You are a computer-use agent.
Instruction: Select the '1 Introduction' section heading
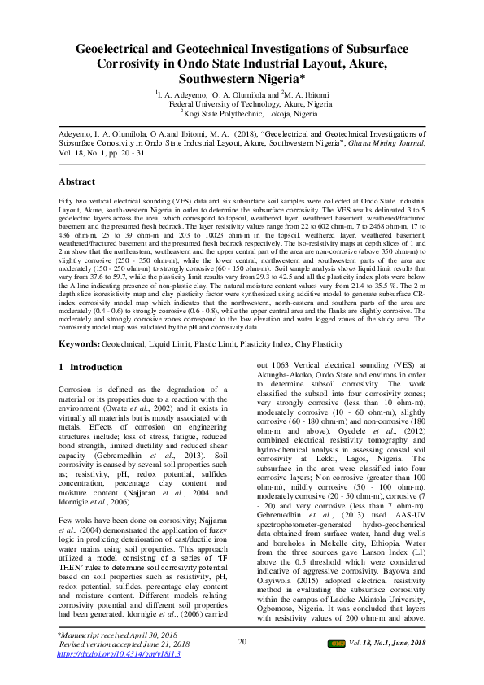(x=91, y=367)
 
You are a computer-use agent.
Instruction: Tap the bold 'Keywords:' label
(x=80, y=345)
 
